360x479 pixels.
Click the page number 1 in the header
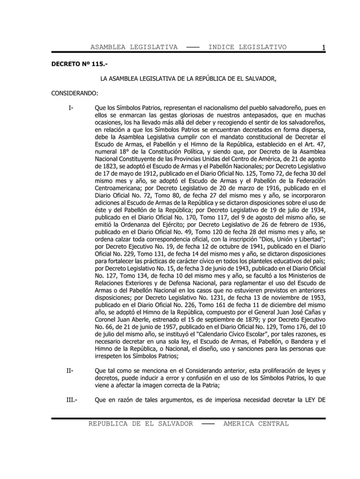pyautogui.click(x=322, y=47)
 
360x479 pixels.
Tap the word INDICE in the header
pyautogui.click(x=225, y=47)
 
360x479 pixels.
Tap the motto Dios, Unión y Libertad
pyautogui.click(x=287, y=239)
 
